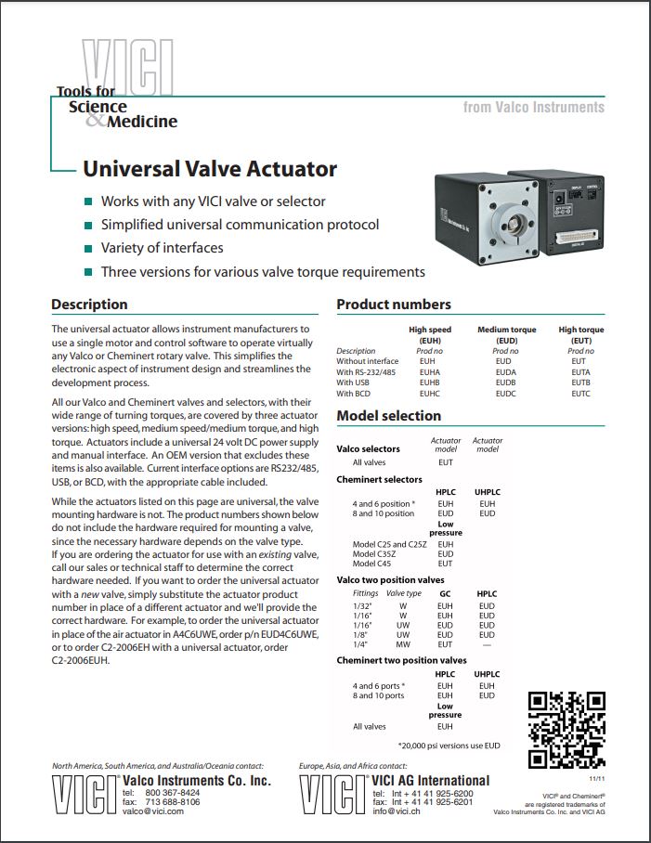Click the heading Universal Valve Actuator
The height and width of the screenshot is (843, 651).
click(x=210, y=169)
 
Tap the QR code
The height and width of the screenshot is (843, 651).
click(x=566, y=730)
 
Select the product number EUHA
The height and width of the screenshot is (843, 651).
click(x=426, y=371)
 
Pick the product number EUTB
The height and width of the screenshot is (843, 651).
click(x=579, y=383)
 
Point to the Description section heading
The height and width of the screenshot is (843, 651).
click(x=89, y=305)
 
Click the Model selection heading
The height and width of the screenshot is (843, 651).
click(x=388, y=416)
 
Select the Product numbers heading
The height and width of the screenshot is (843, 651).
click(x=394, y=305)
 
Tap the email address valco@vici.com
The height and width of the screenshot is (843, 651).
click(x=153, y=811)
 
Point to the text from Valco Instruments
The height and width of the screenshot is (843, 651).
click(x=534, y=108)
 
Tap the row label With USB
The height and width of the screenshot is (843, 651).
click(x=358, y=383)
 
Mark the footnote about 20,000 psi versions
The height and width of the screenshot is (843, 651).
click(x=449, y=745)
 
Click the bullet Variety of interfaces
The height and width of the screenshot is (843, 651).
click(x=163, y=248)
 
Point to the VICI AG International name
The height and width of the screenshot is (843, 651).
click(x=430, y=780)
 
